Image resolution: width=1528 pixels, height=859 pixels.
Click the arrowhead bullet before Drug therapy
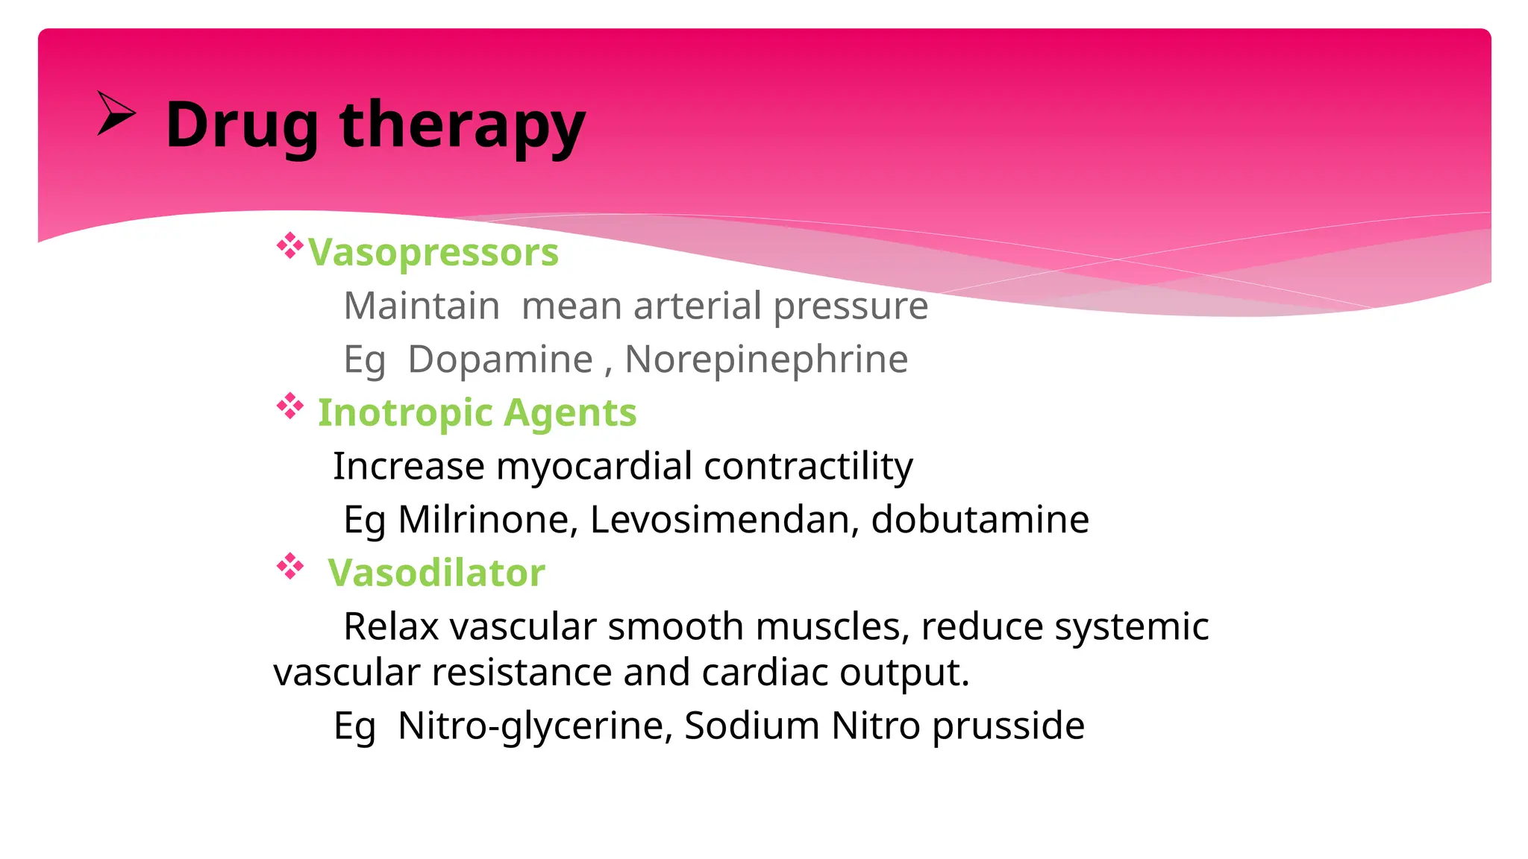116,114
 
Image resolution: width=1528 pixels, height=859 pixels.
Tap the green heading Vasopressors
433,252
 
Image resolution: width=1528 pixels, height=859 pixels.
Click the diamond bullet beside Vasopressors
289,246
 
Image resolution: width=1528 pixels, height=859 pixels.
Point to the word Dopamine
500,359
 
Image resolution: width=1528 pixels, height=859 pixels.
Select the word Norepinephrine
766,359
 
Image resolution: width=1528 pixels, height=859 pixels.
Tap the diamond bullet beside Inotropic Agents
289,407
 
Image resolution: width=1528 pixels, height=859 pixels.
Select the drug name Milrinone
488,520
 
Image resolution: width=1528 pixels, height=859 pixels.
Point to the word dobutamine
980,520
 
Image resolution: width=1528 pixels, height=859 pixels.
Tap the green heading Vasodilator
436,573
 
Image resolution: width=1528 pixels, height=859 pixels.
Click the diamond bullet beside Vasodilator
289,567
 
